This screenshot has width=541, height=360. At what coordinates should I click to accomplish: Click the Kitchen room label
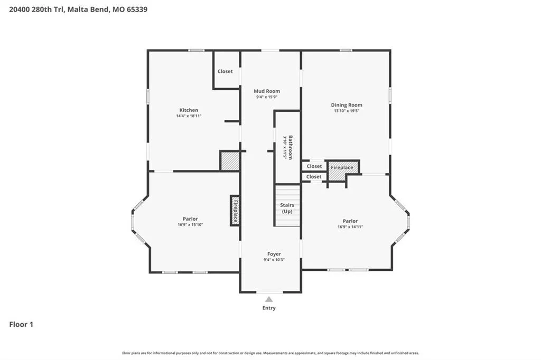[x=189, y=110]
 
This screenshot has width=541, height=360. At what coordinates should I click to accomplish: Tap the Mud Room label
[x=267, y=91]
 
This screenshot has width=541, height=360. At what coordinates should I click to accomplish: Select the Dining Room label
[x=347, y=105]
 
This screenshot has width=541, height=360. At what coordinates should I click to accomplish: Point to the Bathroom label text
[x=291, y=147]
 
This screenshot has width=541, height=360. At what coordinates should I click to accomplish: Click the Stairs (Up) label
[x=287, y=209]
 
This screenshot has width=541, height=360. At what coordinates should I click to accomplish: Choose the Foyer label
[x=274, y=254]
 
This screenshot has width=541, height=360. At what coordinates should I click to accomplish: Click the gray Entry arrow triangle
[x=269, y=299]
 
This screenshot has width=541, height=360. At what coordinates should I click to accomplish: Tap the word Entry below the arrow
[x=269, y=308]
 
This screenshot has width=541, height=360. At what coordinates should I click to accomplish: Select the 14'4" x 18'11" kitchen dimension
[x=189, y=116]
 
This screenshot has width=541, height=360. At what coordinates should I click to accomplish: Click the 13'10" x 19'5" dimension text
[x=347, y=111]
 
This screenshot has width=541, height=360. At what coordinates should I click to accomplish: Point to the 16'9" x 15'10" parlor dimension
[x=190, y=225]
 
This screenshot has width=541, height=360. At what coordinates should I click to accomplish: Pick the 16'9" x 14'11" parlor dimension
[x=350, y=227]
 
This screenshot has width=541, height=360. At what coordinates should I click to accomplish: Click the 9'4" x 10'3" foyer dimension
[x=274, y=260]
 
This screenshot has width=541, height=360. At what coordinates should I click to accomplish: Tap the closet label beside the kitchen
[x=225, y=71]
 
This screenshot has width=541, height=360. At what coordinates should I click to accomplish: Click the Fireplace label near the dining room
[x=342, y=167]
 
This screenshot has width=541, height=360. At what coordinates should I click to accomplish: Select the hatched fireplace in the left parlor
[x=235, y=211]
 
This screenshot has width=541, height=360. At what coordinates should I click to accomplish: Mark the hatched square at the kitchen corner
[x=230, y=161]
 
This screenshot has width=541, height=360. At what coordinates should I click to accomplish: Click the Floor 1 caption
[x=21, y=325]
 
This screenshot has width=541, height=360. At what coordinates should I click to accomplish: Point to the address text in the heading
[x=78, y=10]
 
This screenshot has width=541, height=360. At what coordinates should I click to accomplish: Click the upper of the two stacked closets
[x=314, y=166]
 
